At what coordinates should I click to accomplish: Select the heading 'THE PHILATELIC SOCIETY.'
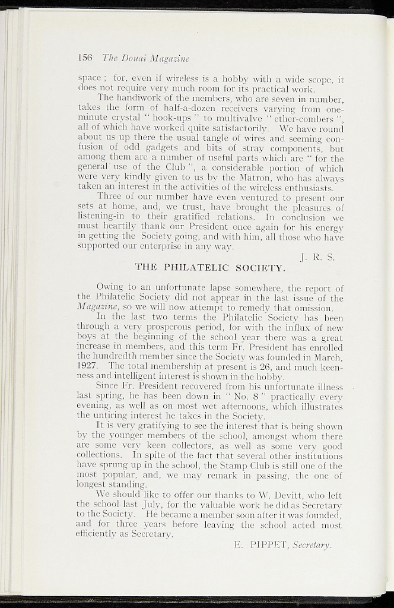coord(211,267)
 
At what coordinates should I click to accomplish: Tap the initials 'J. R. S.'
coord(318,257)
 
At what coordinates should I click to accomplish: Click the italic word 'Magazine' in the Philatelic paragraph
coord(95,308)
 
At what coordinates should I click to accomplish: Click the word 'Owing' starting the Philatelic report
coord(110,289)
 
